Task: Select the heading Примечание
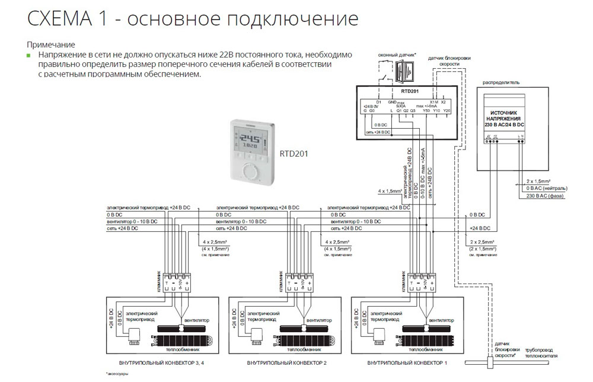[x=50, y=44]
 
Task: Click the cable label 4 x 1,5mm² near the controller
[x=388, y=192]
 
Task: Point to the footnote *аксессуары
[x=117, y=374]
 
